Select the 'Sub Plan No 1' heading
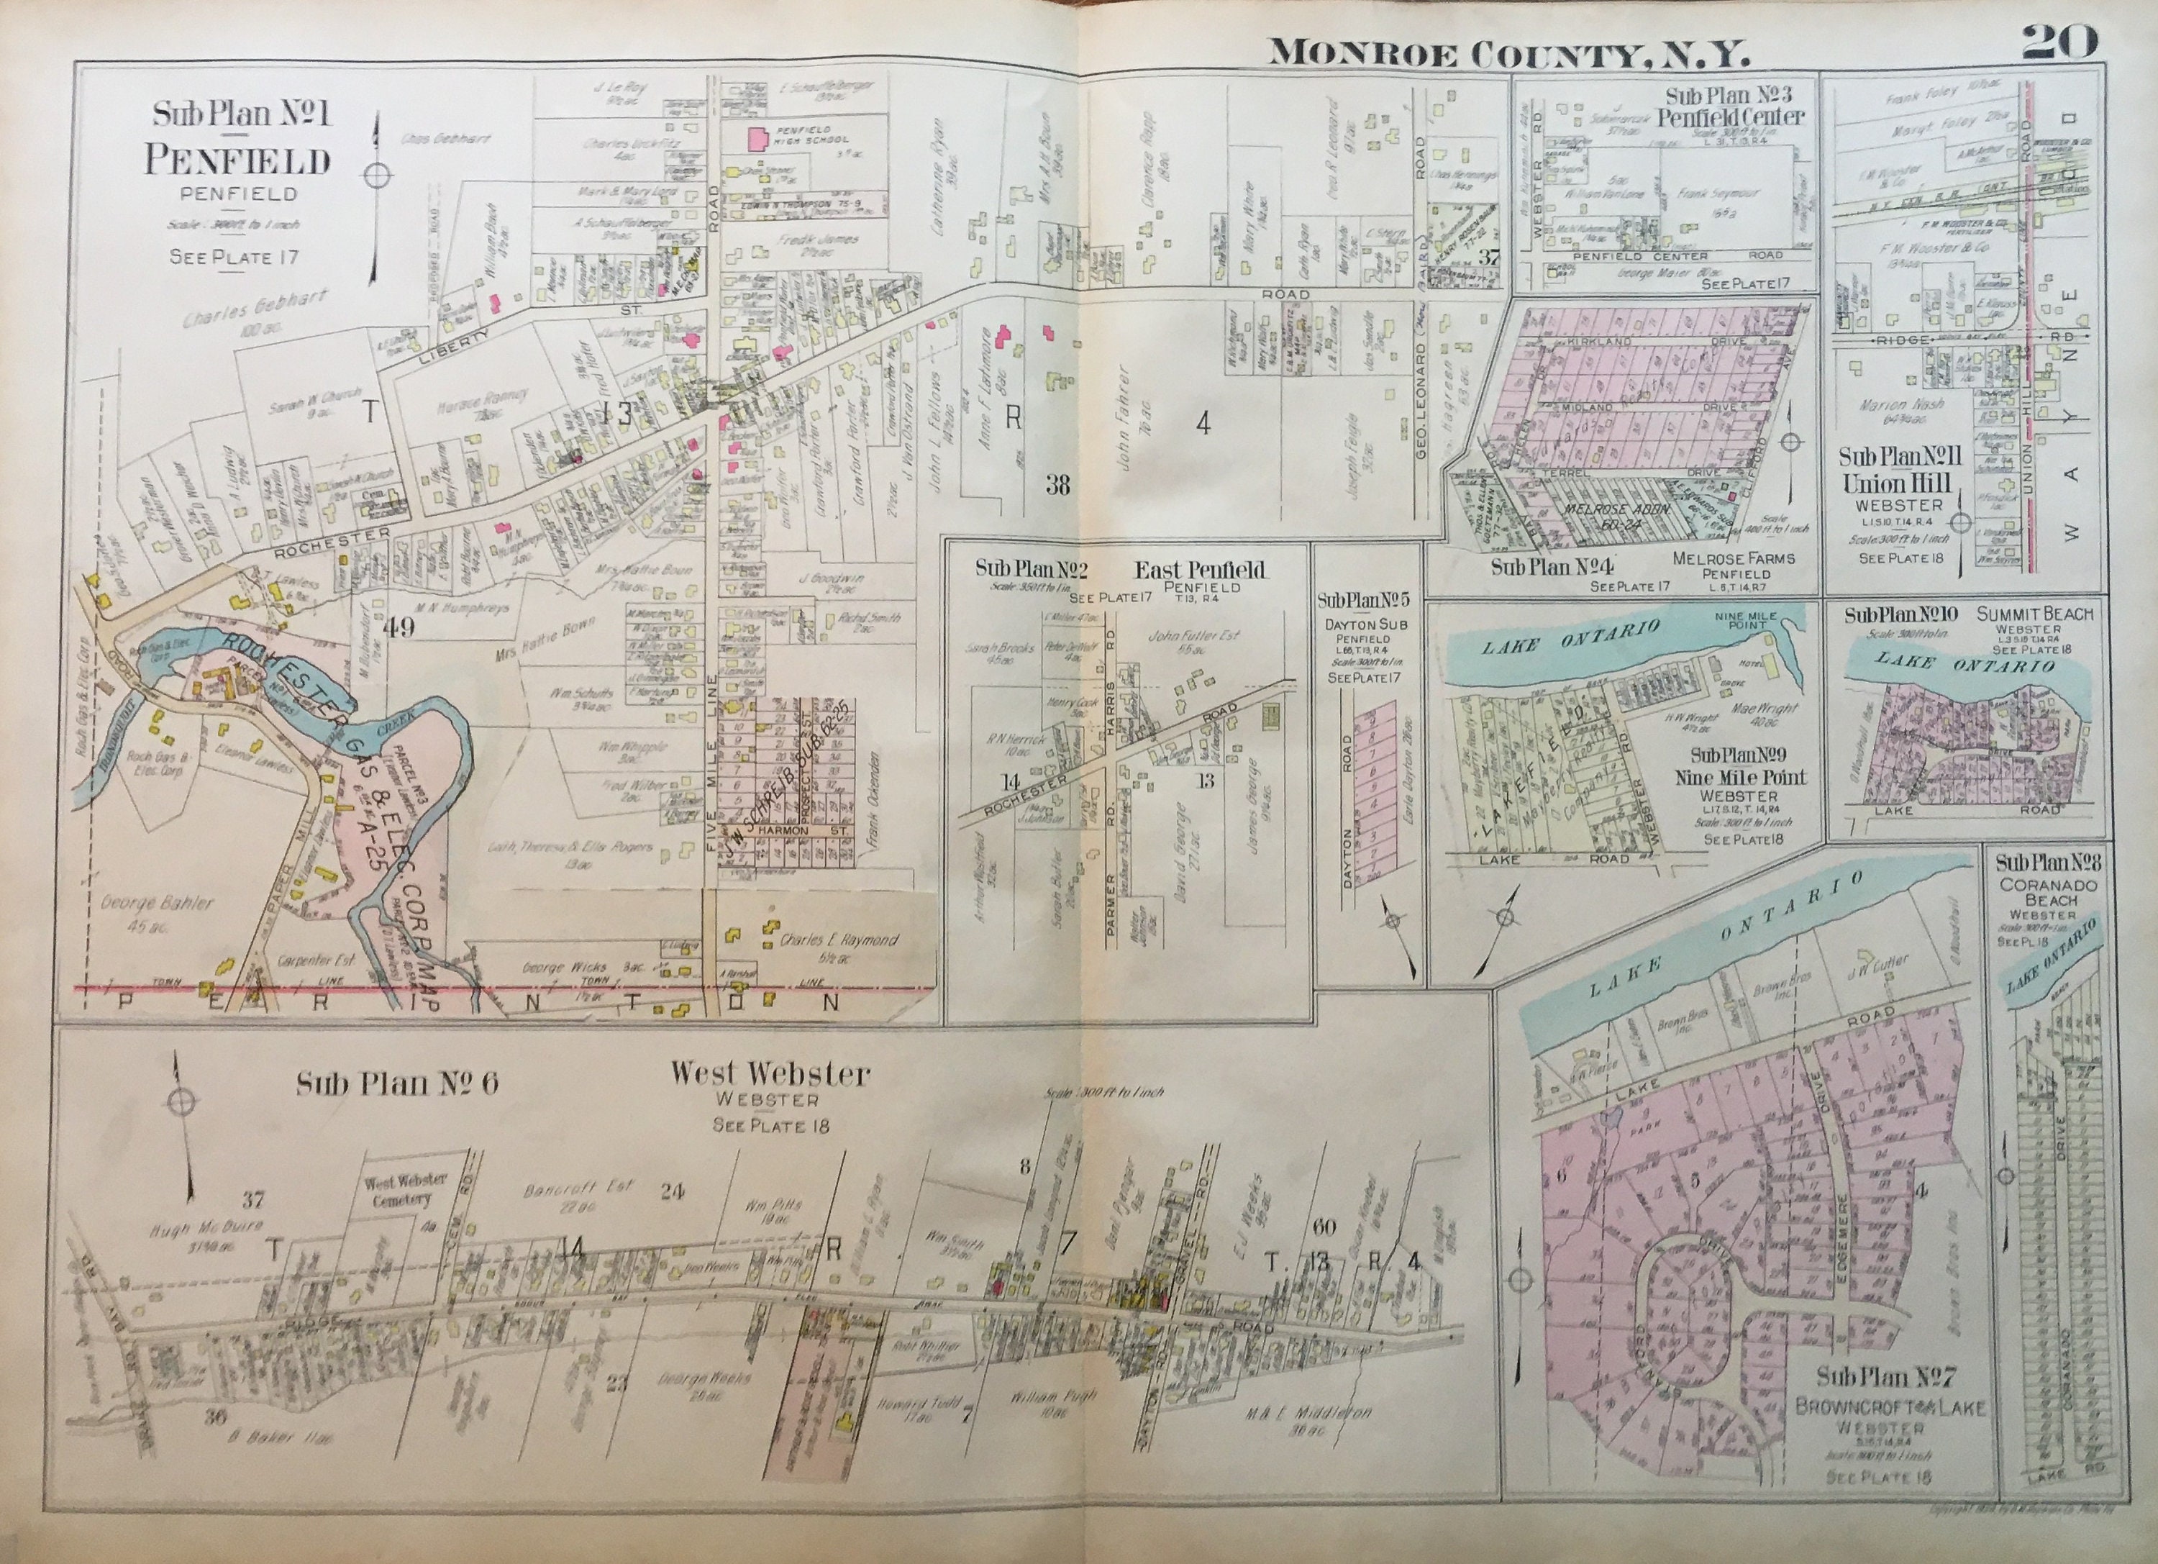pyautogui.click(x=241, y=115)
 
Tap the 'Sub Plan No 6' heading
pyautogui.click(x=397, y=1085)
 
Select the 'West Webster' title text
pyautogui.click(x=770, y=1074)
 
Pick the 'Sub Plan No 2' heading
pyautogui.click(x=1031, y=569)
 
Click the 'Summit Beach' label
pyautogui.click(x=2034, y=614)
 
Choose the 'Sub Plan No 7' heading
pyautogui.click(x=1885, y=1378)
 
